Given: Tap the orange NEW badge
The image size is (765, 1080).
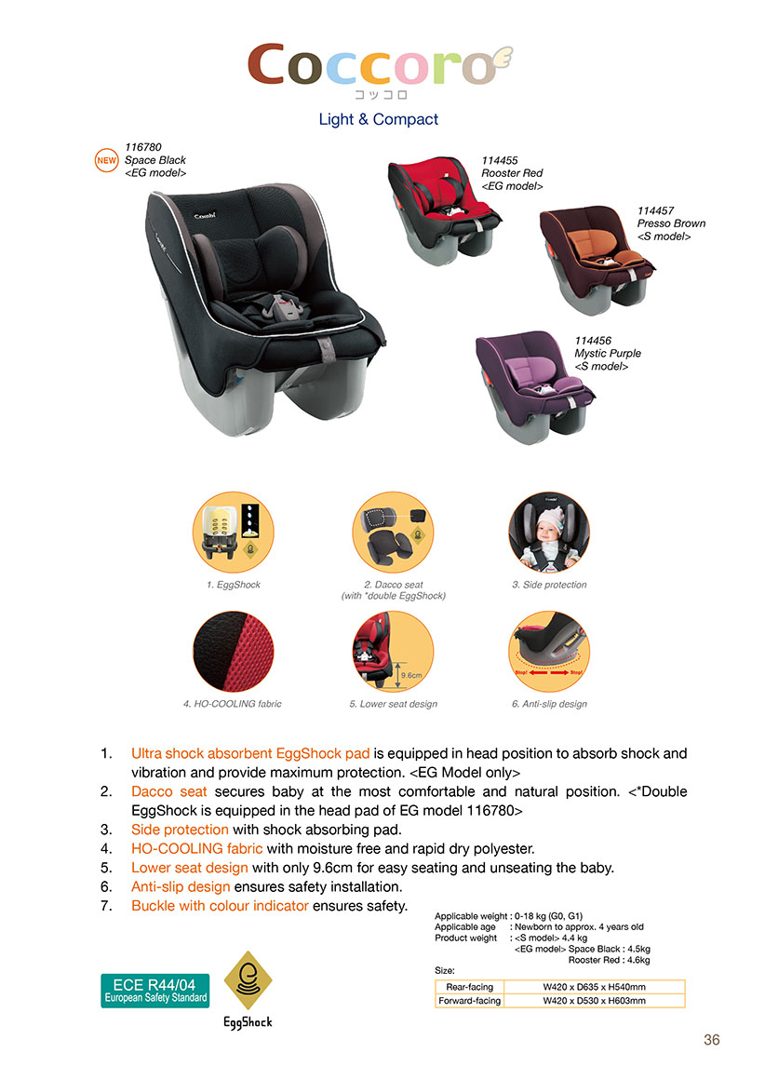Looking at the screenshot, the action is pyautogui.click(x=106, y=160).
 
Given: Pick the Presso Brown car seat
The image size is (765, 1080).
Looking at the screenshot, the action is pyautogui.click(x=597, y=258).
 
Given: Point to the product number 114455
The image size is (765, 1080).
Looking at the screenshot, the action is pyautogui.click(x=499, y=160).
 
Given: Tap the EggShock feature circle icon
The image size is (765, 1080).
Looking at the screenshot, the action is pyautogui.click(x=234, y=532).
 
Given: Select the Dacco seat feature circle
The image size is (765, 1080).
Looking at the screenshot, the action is pyautogui.click(x=393, y=532).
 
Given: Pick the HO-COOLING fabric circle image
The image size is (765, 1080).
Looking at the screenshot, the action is pyautogui.click(x=234, y=651).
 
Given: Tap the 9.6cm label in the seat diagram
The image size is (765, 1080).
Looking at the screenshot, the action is pyautogui.click(x=411, y=675).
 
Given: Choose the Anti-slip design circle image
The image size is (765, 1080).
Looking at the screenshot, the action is pyautogui.click(x=549, y=651).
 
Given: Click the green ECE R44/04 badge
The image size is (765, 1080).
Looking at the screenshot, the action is pyautogui.click(x=154, y=991).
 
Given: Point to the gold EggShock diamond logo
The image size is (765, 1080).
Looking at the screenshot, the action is pyautogui.click(x=248, y=980).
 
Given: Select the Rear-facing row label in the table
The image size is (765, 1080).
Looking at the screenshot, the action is pyautogui.click(x=470, y=987).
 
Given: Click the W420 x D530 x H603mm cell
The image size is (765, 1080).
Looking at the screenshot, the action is pyautogui.click(x=595, y=1001).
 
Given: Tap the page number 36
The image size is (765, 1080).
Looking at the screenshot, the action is pyautogui.click(x=712, y=1040).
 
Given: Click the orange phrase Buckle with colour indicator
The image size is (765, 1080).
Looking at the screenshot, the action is pyautogui.click(x=220, y=906).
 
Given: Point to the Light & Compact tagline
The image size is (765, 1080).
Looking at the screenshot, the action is pyautogui.click(x=378, y=119).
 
